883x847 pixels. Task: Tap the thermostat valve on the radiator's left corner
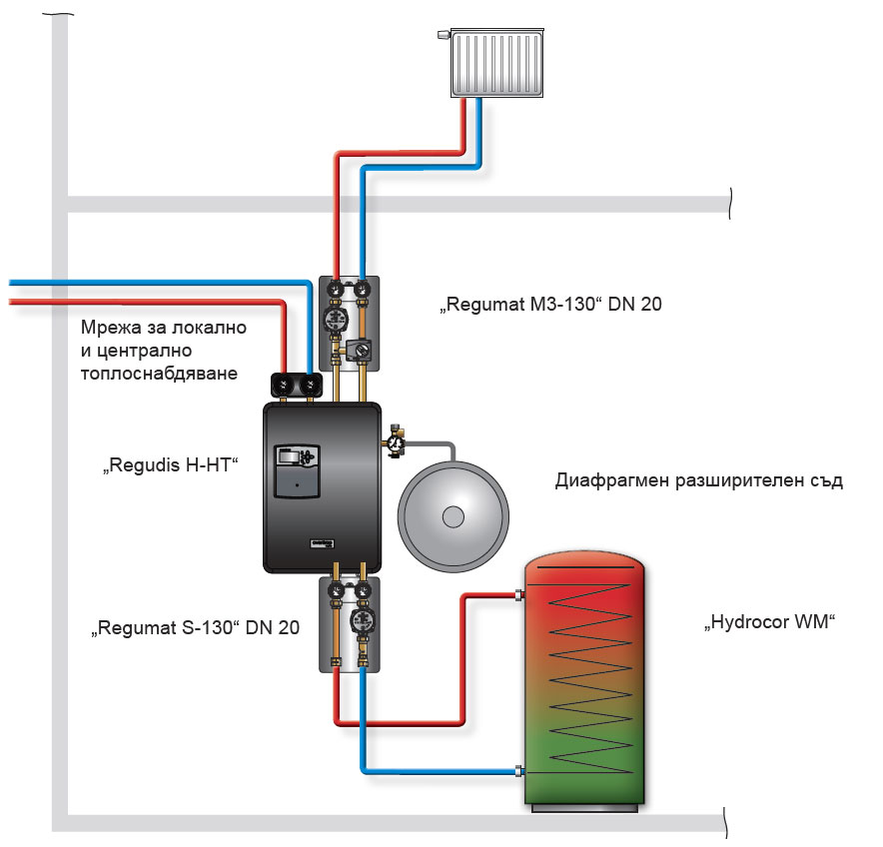(x=442, y=36)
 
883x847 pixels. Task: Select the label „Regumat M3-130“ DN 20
(x=550, y=304)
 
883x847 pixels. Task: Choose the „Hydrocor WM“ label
(x=767, y=624)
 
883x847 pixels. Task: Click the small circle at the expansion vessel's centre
(x=453, y=517)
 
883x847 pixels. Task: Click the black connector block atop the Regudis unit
(x=297, y=384)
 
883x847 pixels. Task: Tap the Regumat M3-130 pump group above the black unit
(x=346, y=320)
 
